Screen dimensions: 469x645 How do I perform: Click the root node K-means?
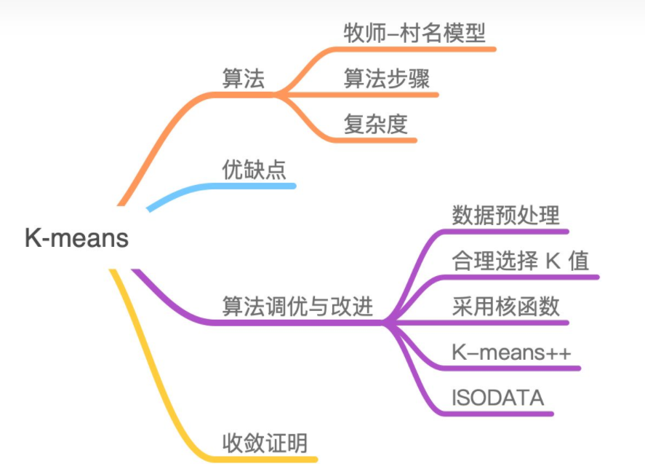pos(76,238)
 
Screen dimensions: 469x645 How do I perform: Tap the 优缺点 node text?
pos(254,170)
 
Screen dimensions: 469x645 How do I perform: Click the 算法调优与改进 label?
pos(297,307)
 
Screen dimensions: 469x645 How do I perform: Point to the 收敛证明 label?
pos(265,442)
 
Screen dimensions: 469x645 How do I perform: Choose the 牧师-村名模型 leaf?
pos(414,33)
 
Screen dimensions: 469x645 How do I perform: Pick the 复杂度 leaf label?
pos(375,125)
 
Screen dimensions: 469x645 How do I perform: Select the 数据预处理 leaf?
pos(505,216)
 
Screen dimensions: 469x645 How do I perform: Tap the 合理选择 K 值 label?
pos(520,261)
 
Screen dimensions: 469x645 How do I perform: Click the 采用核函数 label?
pos(505,307)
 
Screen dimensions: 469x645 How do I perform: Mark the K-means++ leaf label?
pos(511,352)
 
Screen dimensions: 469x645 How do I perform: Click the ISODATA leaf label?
pos(497,398)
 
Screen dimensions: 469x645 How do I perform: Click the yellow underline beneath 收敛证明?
pos(269,460)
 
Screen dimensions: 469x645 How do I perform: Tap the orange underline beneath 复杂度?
pos(378,139)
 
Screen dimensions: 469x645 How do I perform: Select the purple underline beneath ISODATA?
pos(502,414)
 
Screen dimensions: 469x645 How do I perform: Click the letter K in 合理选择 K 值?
pos(551,261)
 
